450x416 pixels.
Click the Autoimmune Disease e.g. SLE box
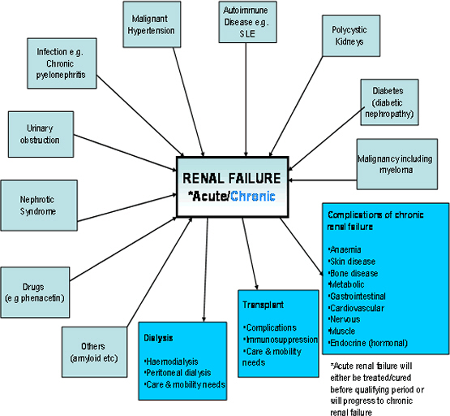point(246,23)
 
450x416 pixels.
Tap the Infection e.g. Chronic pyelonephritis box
point(64,65)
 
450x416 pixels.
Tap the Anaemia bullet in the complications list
point(345,249)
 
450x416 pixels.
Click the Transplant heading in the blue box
point(263,305)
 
